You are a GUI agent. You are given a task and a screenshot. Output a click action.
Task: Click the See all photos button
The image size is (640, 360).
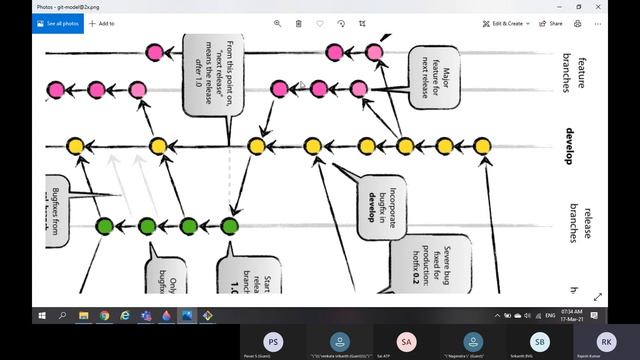60,23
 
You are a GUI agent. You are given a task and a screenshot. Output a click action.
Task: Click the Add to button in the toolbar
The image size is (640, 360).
101,23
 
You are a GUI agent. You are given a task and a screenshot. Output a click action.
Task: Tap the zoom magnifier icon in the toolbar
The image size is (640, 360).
277,23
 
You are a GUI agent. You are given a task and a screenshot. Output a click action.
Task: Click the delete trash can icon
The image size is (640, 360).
298,23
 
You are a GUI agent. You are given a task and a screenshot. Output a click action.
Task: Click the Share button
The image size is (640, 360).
552,23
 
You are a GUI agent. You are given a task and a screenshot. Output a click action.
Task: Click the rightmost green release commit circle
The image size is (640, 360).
230,226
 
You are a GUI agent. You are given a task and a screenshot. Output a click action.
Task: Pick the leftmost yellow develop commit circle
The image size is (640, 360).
75,147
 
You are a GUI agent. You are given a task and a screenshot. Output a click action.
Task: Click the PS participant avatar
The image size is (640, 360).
272,342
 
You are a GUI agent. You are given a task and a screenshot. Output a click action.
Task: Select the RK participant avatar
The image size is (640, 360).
607,342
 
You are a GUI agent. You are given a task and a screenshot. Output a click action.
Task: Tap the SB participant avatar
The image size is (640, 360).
540,342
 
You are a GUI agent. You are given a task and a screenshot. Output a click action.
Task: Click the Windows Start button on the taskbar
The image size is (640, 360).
42,315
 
